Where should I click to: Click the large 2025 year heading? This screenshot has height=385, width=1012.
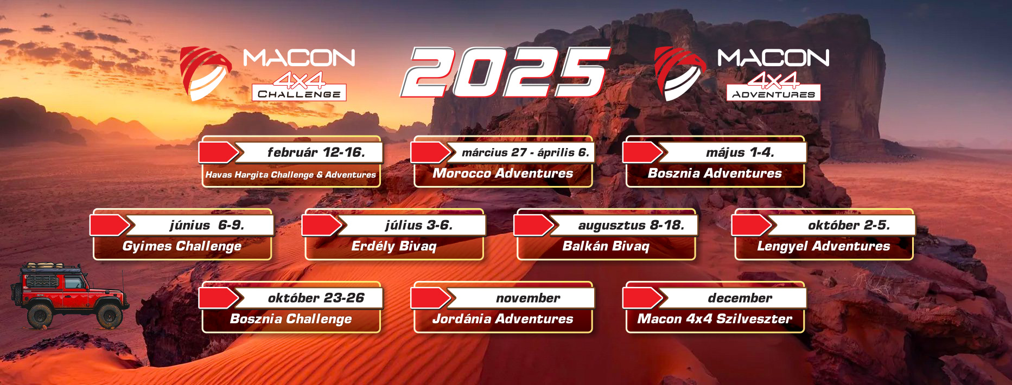click(x=505, y=72)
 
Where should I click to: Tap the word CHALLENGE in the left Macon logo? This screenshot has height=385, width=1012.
click(x=299, y=94)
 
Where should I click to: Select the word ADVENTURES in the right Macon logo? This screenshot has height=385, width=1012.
click(x=773, y=94)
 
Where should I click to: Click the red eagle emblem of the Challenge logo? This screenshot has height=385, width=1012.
click(x=205, y=73)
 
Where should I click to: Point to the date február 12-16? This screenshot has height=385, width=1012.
click(x=316, y=152)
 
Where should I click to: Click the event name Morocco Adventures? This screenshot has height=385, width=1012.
click(x=503, y=174)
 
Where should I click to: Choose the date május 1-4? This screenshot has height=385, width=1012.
click(x=740, y=152)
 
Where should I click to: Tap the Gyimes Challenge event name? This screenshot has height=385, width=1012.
click(x=182, y=247)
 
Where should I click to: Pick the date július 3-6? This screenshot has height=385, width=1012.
click(x=418, y=225)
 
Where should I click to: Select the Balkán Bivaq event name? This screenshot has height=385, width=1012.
click(x=606, y=247)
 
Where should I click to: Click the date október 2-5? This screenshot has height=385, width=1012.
click(x=849, y=225)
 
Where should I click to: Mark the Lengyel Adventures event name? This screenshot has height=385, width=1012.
click(x=824, y=247)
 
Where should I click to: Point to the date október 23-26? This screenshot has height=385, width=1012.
click(x=316, y=298)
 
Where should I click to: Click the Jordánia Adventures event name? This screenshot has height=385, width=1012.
click(x=503, y=319)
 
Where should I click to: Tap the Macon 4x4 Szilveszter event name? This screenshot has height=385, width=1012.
click(x=715, y=319)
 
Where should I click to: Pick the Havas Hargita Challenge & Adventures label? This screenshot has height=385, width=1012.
click(x=291, y=175)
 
